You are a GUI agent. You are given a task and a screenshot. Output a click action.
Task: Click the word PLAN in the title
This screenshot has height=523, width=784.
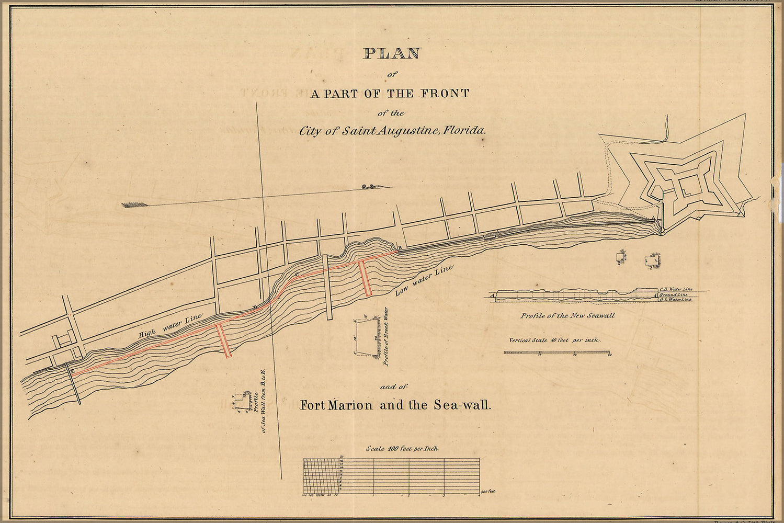[x=392, y=53]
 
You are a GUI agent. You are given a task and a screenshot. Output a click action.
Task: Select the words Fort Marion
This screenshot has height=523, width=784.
[x=336, y=405]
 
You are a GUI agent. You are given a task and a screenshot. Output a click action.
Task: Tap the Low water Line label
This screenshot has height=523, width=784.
[x=424, y=281]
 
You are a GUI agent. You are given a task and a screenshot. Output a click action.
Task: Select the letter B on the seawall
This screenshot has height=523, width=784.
[x=400, y=247]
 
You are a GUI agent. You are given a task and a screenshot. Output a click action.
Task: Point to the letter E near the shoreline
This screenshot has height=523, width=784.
[x=72, y=371]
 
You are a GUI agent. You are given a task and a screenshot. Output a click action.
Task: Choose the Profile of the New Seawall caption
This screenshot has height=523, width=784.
[x=567, y=315]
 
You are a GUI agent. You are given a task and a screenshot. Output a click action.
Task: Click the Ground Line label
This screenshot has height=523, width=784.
[x=674, y=294]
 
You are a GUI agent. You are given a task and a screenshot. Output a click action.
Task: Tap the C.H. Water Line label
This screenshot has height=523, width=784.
[x=676, y=289]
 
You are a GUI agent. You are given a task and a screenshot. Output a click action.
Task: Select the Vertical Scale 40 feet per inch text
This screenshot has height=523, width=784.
[x=555, y=339]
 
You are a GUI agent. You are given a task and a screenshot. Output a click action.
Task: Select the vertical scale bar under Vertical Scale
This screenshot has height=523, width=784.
[x=557, y=353]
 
